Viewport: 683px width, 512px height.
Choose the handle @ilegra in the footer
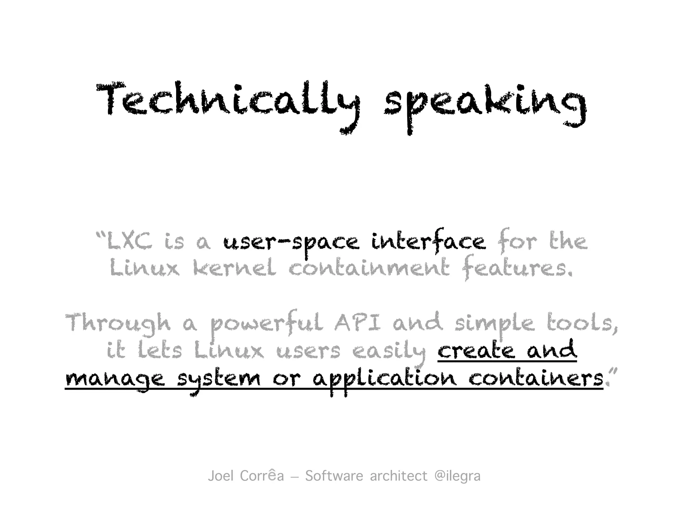[x=458, y=476]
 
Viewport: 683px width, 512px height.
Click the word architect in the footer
[x=399, y=476]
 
